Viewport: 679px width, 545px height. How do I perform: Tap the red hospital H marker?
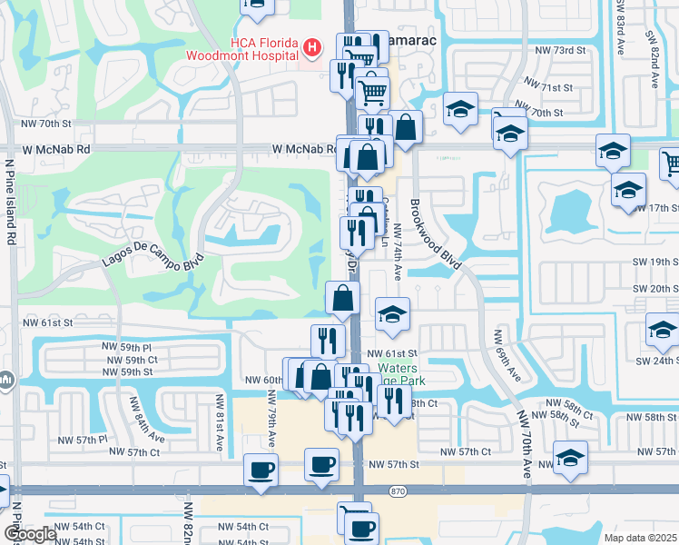coord(312,46)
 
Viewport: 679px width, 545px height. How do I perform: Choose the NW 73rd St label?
coord(560,50)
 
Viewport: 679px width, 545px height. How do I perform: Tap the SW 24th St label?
coord(656,361)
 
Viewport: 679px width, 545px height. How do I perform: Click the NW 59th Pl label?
coord(134,348)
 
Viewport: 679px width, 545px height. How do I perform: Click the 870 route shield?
coord(396,490)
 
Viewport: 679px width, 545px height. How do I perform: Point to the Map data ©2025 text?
coord(639,538)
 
